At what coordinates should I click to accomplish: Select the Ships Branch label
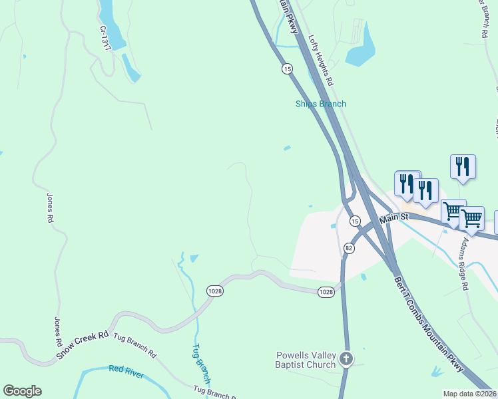click(321, 104)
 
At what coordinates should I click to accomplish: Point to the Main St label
click(393, 218)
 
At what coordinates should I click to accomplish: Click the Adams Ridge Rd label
click(464, 265)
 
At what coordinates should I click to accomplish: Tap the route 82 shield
click(348, 247)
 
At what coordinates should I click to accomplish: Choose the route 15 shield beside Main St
click(355, 220)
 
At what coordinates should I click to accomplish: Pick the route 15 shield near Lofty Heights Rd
click(287, 68)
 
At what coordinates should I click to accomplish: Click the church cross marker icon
click(346, 359)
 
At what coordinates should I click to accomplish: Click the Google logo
click(22, 391)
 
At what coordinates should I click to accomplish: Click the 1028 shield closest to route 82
click(326, 291)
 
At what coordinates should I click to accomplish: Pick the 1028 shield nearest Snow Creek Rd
click(215, 291)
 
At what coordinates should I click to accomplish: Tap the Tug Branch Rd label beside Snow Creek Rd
click(134, 345)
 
